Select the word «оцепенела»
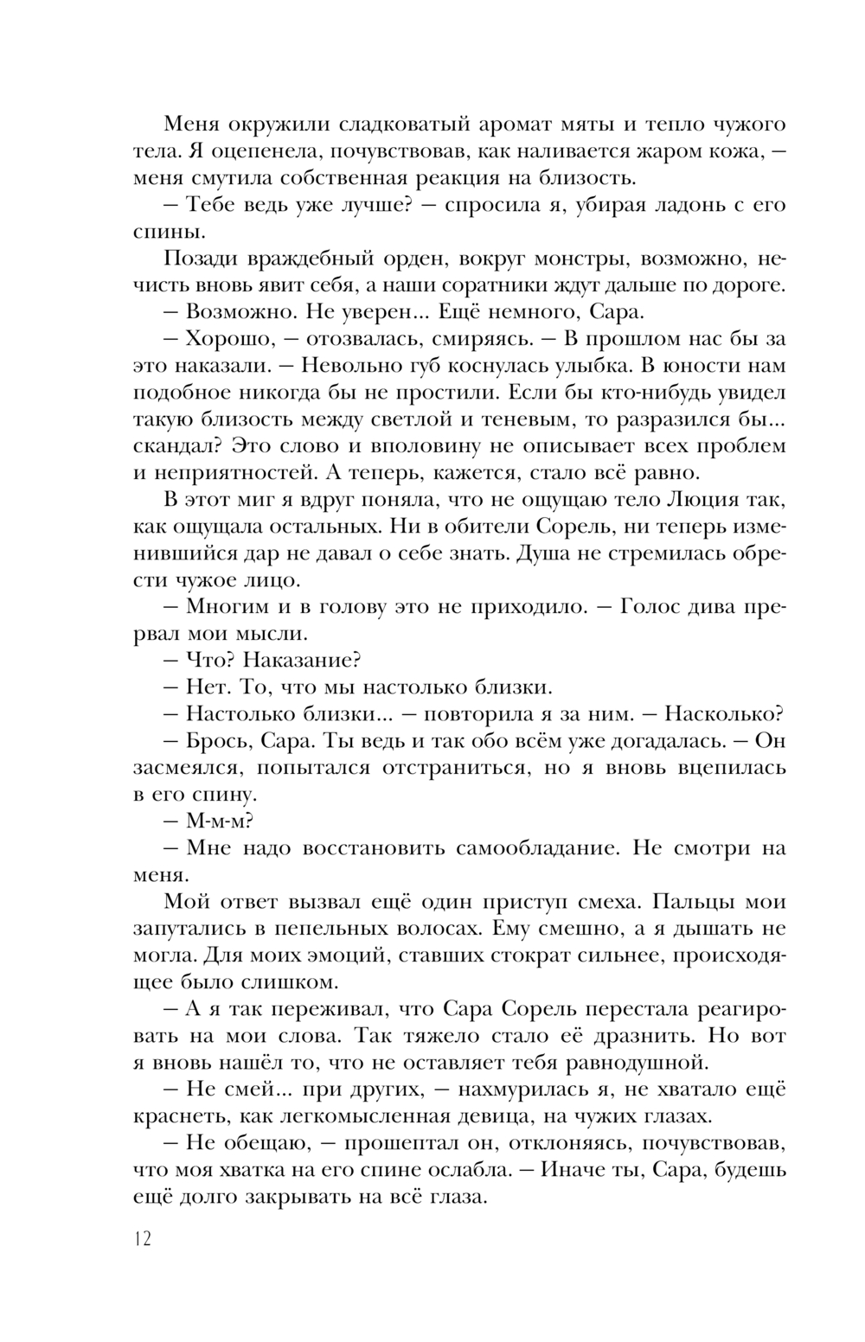(271, 151)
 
